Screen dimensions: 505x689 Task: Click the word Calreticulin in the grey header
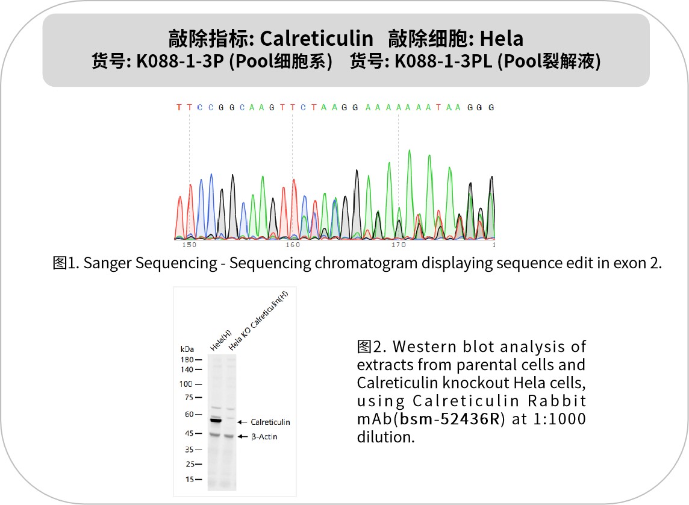click(316, 39)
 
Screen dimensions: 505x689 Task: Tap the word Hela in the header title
click(501, 39)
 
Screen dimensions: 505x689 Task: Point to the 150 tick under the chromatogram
click(189, 245)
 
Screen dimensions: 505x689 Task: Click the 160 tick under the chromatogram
click(293, 245)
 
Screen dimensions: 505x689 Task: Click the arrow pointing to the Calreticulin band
click(242, 422)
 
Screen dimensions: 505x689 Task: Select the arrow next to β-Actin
click(242, 436)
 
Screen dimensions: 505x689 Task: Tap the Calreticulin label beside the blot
click(270, 422)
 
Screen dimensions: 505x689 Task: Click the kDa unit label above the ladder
click(187, 349)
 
